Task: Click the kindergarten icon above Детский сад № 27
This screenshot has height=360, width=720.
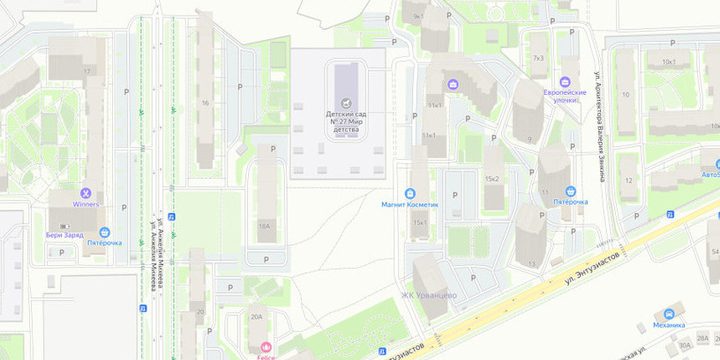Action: (x=346, y=102)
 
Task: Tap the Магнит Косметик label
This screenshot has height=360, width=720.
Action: (x=410, y=203)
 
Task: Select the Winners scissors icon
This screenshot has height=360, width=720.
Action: (x=86, y=192)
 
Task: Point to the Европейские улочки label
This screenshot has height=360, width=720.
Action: (x=564, y=96)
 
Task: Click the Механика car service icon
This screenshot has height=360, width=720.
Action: (x=669, y=311)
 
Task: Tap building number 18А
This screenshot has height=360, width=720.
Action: (x=264, y=226)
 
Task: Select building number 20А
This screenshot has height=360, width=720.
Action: (x=256, y=316)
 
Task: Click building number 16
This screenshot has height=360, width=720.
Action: (x=205, y=102)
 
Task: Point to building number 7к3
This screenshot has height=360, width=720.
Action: (x=538, y=59)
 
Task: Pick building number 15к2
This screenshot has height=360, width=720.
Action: (x=492, y=178)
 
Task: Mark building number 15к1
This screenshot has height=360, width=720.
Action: (x=421, y=222)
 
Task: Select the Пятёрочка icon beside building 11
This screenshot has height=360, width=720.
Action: (x=570, y=190)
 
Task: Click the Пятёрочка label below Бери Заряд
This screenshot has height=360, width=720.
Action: (x=104, y=242)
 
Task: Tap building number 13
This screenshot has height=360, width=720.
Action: (x=532, y=264)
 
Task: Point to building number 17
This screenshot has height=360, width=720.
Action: (x=87, y=72)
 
